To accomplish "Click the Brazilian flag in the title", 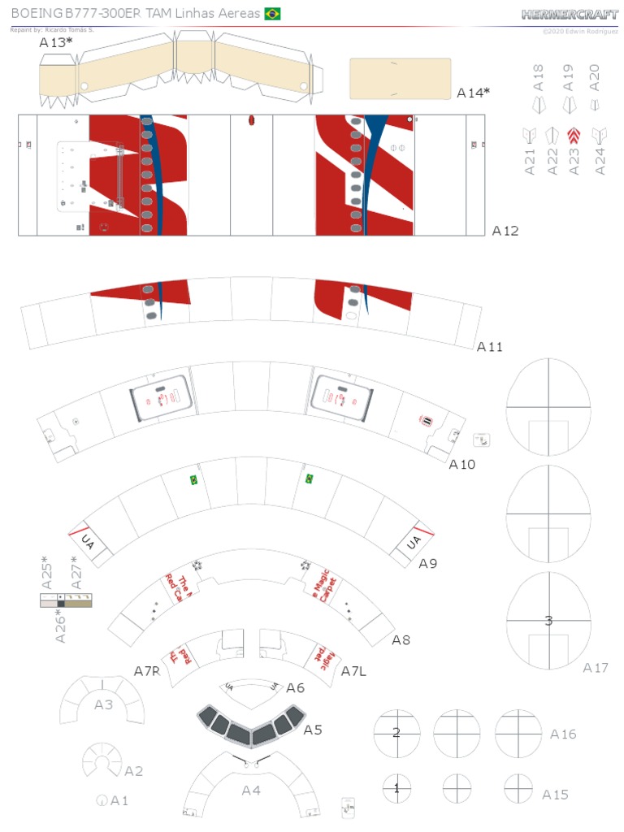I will (272, 14).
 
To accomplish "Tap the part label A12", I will (505, 231).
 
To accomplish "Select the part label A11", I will (490, 347).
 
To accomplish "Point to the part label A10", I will (462, 465).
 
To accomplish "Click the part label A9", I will (428, 563).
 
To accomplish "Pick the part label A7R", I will (148, 670).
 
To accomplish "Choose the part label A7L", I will (355, 671).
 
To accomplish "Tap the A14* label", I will (473, 93).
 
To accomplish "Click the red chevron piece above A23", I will (574, 136).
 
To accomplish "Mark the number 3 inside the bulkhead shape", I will (548, 621).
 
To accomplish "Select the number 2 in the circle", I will (396, 733).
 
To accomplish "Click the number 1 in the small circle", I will (396, 787).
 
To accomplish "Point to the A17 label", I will (596, 668).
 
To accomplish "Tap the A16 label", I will (563, 734).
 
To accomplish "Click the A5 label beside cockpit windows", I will (313, 730).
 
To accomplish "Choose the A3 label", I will (103, 704).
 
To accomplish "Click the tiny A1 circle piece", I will (102, 800).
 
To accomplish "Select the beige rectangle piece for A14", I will (400, 79).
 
